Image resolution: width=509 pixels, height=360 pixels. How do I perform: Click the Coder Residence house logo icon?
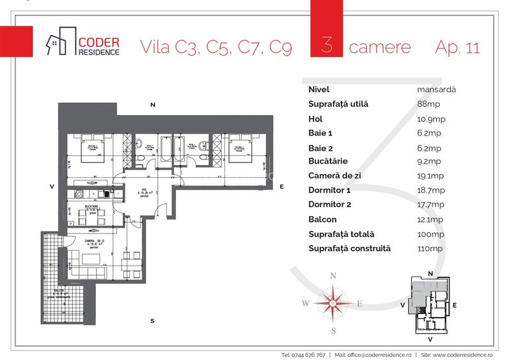[x=59, y=42]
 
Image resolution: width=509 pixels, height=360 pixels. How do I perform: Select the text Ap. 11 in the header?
[x=457, y=48]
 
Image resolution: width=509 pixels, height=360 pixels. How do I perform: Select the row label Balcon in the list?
[x=323, y=219]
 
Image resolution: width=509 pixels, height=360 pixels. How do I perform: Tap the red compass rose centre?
[x=333, y=302]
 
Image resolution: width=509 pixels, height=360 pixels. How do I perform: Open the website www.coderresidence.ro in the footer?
[x=459, y=354]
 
